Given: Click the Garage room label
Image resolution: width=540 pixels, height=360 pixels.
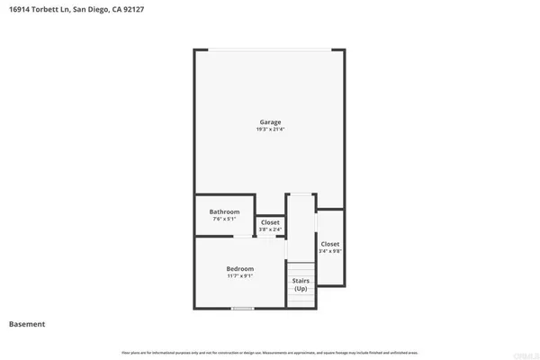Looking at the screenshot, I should point(270,121).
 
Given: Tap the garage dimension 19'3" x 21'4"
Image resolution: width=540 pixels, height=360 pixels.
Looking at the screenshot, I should point(270,130).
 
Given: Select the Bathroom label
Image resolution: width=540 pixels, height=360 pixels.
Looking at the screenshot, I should point(224,212).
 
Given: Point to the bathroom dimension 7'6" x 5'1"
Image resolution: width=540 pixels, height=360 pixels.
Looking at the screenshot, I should point(224,220).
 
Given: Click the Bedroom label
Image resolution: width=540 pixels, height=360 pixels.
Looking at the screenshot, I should point(239,269).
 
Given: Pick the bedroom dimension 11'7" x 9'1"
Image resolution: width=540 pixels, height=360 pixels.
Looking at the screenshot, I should point(239,276).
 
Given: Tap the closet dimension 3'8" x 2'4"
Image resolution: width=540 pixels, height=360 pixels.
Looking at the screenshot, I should point(270,229).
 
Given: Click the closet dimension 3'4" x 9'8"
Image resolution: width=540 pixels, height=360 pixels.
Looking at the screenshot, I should point(330,251).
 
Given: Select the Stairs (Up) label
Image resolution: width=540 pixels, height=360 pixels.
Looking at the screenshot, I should point(301,284).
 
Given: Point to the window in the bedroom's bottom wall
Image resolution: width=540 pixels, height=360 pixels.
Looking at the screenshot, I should point(241,309).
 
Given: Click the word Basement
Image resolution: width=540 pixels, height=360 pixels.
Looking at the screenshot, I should point(27,324).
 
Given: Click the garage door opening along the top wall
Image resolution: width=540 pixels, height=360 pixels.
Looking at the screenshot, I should point(270,49).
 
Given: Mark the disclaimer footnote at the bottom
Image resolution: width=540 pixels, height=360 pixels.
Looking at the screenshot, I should point(270,351).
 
